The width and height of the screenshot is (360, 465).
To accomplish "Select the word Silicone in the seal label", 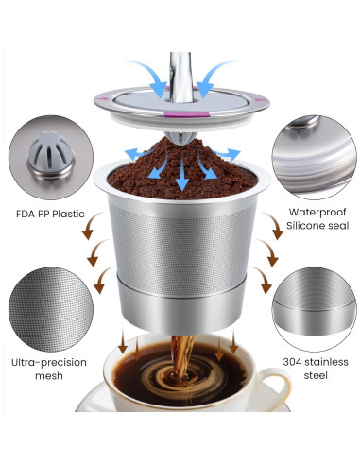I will pyautogui.click(x=298, y=228).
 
